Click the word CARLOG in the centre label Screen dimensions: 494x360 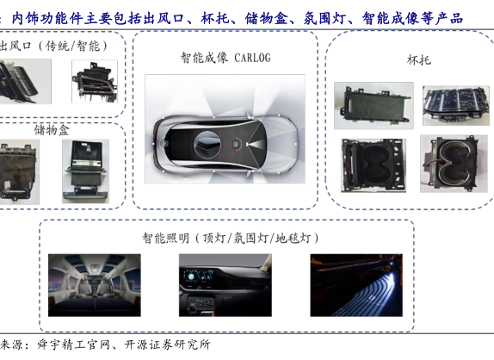252,58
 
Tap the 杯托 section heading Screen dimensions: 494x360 419,59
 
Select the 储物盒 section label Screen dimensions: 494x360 52,130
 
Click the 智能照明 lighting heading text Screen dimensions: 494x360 165,238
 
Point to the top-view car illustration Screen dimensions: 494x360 225,144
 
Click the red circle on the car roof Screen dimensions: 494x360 236,144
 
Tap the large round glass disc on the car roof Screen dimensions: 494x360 207,145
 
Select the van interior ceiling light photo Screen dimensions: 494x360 95,285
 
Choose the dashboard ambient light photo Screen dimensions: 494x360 225,285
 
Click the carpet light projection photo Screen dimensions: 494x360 356,285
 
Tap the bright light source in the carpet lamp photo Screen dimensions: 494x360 392,276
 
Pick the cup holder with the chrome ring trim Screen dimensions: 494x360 454,164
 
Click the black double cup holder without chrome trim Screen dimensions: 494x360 374,165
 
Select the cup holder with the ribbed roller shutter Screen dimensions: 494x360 374,106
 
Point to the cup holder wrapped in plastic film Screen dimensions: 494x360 456,105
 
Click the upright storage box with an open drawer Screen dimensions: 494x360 86,171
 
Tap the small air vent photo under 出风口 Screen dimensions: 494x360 95,81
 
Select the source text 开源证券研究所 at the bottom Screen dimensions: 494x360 167,344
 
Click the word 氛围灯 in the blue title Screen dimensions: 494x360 324,18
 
